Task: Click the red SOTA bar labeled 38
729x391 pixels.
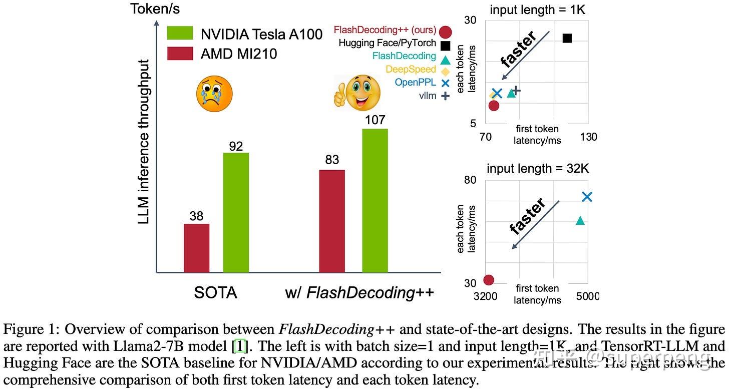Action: point(196,248)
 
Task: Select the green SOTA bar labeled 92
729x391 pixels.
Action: point(236,212)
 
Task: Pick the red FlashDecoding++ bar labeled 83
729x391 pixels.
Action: point(332,221)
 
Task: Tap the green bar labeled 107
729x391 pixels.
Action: point(375,200)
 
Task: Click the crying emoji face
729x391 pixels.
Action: point(214,94)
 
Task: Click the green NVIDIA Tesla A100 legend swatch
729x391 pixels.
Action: point(180,34)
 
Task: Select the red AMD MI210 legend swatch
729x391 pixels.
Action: point(180,53)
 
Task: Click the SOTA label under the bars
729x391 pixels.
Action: point(216,292)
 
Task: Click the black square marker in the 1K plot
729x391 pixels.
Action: point(567,38)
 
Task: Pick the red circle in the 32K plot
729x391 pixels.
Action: point(489,280)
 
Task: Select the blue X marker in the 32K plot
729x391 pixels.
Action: point(587,197)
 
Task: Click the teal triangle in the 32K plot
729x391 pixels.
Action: point(580,220)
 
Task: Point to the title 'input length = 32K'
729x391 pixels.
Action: point(538,168)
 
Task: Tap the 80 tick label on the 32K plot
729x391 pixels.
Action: point(470,180)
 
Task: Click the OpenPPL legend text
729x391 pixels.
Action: point(415,82)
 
